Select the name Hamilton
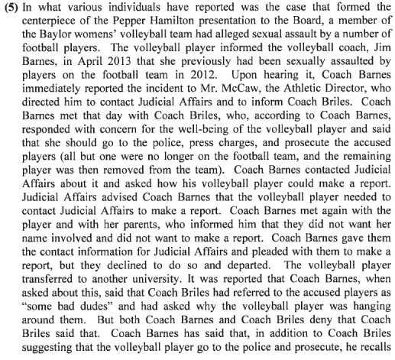(179, 24)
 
